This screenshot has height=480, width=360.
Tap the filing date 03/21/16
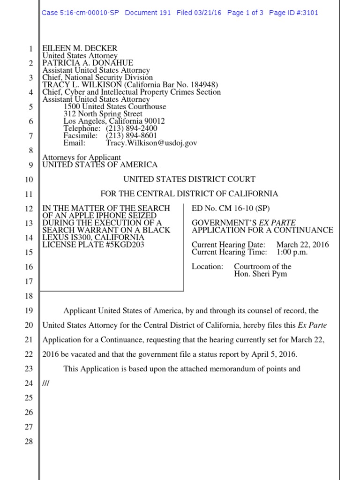click(x=207, y=13)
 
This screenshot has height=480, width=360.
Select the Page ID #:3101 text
click(x=293, y=13)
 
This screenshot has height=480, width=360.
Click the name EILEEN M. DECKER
click(x=80, y=49)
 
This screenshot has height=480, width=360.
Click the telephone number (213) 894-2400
click(x=132, y=128)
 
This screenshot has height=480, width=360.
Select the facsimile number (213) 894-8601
click(x=132, y=135)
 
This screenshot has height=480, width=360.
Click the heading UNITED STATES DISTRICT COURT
click(x=189, y=179)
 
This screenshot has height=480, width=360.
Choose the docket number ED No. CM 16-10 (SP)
click(x=225, y=208)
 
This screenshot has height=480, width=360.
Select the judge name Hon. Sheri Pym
click(x=260, y=274)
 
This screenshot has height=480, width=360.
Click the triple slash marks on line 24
click(x=46, y=383)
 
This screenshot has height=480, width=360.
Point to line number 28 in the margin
click(x=29, y=442)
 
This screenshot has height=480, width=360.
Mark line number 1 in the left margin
click(x=30, y=49)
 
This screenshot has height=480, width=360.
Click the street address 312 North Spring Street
click(x=103, y=114)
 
